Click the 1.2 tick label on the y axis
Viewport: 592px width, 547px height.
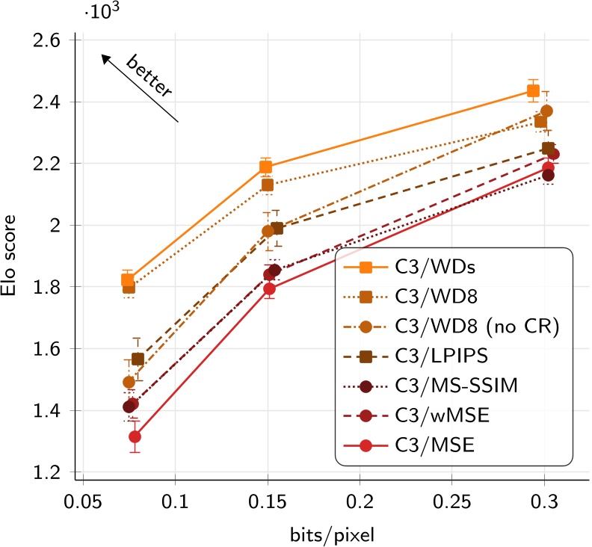(x=51, y=472)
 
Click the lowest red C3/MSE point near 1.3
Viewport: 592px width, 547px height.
(x=135, y=437)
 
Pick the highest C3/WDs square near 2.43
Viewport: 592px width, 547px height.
(x=533, y=91)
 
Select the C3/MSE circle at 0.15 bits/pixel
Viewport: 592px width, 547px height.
(x=270, y=288)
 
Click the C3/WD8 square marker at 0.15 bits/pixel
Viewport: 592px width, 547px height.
(x=268, y=185)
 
